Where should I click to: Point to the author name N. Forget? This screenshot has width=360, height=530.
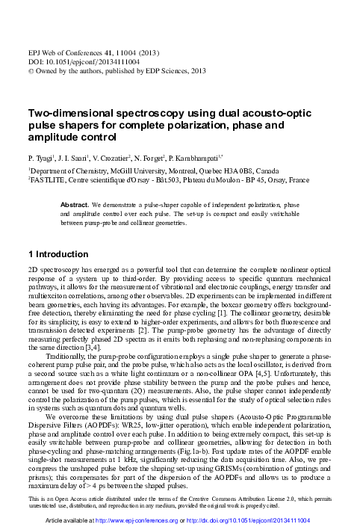coord(158,160)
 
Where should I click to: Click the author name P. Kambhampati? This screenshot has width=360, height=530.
coord(209,160)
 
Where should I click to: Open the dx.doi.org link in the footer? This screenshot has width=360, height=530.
coord(247,520)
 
